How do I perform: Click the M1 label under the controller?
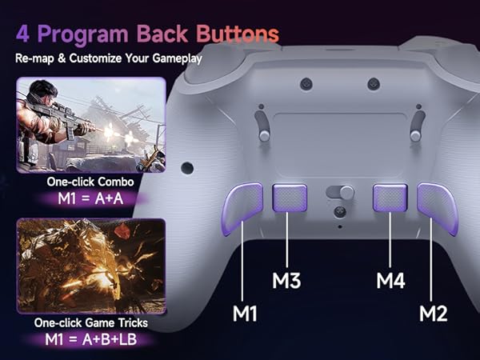pyautogui.click(x=246, y=314)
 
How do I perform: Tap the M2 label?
pyautogui.click(x=432, y=314)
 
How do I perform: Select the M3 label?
pyautogui.click(x=286, y=281)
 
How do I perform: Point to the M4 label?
pyautogui.click(x=392, y=281)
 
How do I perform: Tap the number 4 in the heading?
pyautogui.click(x=23, y=34)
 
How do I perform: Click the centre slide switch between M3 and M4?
pyautogui.click(x=339, y=193)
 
